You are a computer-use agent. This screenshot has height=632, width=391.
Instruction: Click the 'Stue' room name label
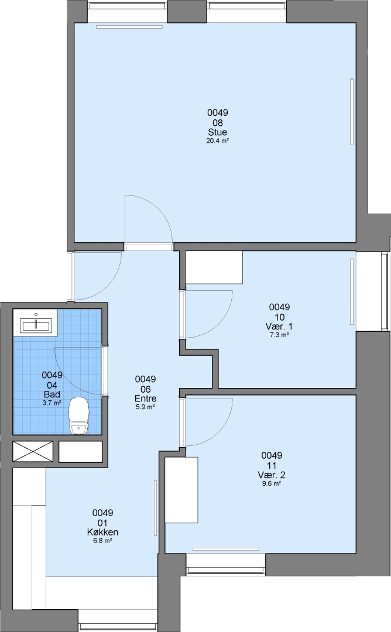(217, 132)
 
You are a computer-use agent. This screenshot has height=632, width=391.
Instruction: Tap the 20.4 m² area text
(217, 140)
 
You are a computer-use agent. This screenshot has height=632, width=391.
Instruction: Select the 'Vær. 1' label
(279, 327)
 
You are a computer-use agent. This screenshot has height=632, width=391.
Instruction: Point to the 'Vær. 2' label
(271, 475)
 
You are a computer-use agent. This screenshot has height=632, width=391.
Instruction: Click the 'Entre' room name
(145, 399)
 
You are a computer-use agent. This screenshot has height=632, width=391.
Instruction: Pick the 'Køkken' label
(102, 533)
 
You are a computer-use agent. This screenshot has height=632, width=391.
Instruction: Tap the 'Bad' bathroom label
(52, 394)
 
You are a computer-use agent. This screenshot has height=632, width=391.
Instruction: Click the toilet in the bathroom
(78, 415)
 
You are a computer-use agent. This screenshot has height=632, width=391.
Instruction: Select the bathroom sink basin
(36, 325)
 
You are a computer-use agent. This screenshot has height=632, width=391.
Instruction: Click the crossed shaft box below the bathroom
(33, 451)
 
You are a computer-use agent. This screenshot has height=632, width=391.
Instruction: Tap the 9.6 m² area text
(271, 484)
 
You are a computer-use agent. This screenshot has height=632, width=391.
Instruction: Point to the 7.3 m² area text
(279, 335)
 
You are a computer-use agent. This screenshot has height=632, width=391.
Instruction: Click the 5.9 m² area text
(145, 407)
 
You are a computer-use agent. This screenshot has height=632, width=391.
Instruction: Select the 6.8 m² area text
(102, 541)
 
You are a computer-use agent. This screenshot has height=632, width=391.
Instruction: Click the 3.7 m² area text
(52, 403)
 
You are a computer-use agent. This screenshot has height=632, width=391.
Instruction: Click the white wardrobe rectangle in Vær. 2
(182, 490)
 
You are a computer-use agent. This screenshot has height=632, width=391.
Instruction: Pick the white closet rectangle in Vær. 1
(214, 267)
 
